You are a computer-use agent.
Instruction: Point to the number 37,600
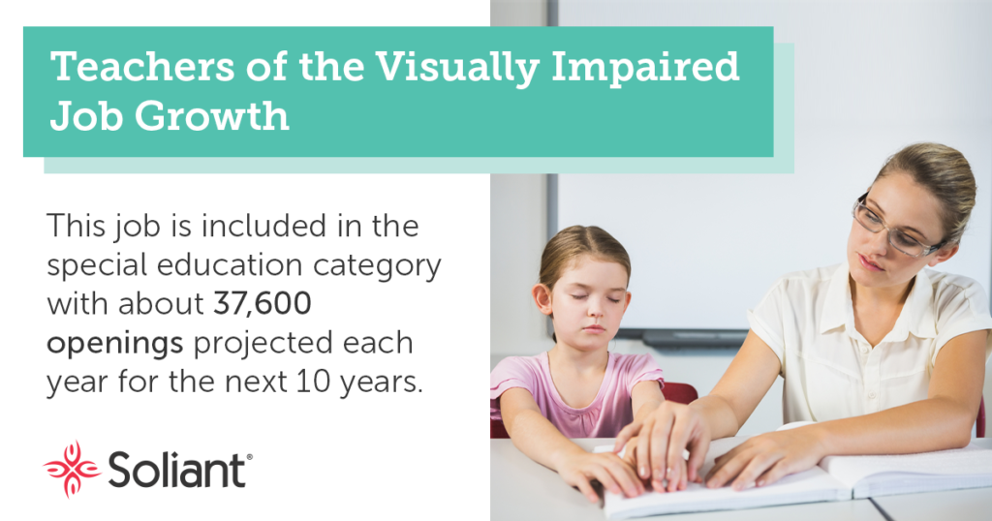point(263,303)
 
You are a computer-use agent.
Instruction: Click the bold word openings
point(115,345)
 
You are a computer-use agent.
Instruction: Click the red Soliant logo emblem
point(72,469)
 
